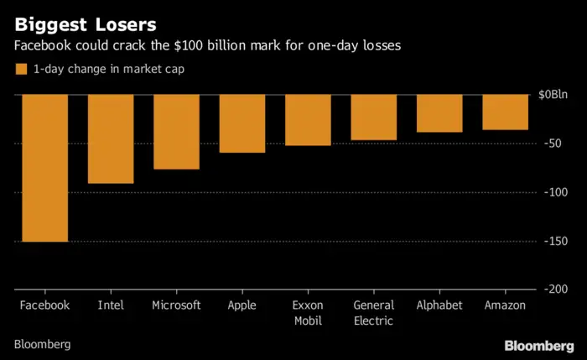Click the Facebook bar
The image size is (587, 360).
coord(44,168)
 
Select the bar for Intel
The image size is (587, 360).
coord(111,138)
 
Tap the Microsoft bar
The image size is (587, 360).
coord(176,132)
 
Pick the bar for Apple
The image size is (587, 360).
coord(242,123)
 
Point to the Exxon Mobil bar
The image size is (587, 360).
coord(308,120)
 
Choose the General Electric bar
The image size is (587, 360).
coord(373,117)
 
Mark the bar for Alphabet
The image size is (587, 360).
coord(439,113)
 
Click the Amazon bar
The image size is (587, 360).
coord(505,112)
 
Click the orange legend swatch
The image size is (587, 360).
coord(21,70)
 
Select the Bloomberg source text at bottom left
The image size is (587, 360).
coord(42,345)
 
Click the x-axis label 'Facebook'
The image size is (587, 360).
coord(44,305)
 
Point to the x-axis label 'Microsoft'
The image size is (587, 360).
coord(176,305)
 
